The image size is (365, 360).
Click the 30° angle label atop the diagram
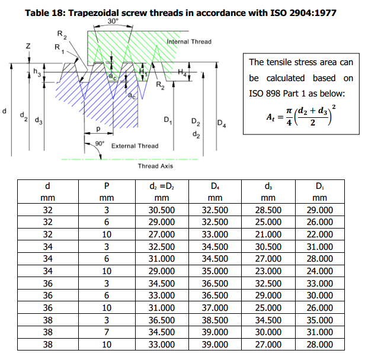(113, 21)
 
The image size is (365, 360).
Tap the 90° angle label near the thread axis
(100, 143)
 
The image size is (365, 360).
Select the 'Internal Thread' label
(189, 41)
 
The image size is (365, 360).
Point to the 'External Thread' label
(135, 146)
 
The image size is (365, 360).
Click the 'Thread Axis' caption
(155, 166)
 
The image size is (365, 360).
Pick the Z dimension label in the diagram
(28, 46)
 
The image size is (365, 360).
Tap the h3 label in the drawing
(37, 72)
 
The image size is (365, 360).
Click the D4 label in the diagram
(222, 123)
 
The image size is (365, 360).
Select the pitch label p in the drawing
(98, 129)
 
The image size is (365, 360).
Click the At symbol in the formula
(270, 117)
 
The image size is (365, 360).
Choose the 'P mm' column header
(107, 192)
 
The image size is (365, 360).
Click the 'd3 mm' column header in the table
(268, 192)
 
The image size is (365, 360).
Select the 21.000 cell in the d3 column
(268, 234)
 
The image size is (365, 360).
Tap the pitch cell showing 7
(107, 332)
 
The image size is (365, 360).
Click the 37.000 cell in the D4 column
(215, 307)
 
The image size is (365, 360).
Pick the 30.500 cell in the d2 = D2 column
(162, 210)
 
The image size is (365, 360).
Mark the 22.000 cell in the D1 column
(319, 234)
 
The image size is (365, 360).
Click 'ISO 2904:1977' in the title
(303, 13)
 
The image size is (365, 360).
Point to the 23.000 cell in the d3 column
(268, 271)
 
